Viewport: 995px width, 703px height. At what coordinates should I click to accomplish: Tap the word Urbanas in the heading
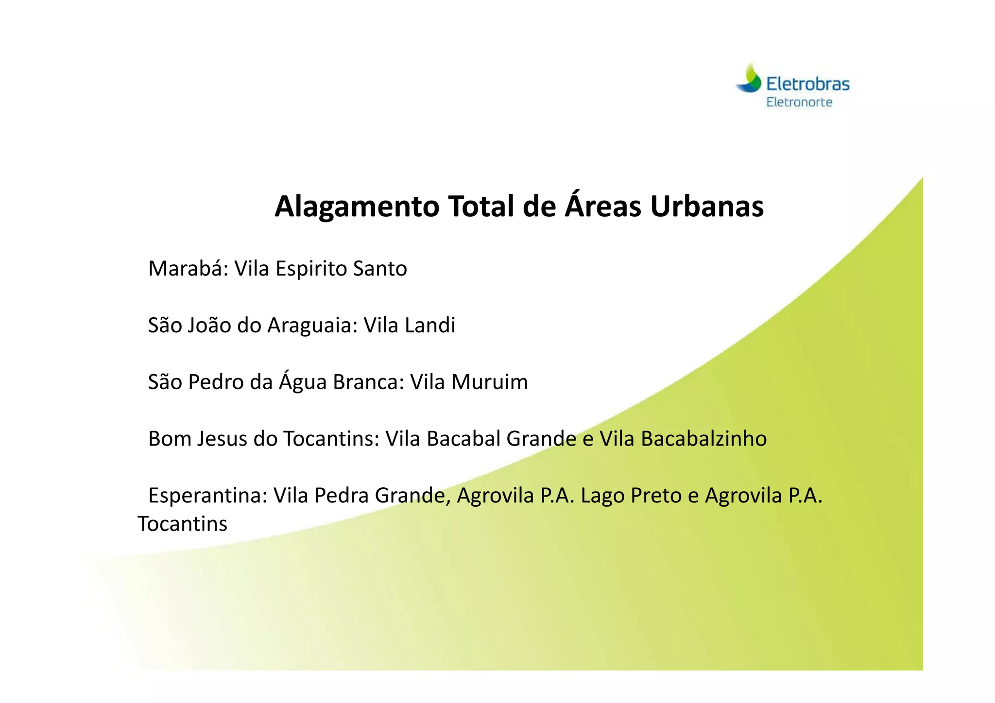pos(707,207)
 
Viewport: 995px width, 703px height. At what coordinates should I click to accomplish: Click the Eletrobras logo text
pos(808,84)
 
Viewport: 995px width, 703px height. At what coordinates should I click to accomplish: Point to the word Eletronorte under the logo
pos(799,103)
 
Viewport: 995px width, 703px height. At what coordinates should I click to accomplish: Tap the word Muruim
pos(489,382)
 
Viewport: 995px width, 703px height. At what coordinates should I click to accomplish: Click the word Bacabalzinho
pos(703,439)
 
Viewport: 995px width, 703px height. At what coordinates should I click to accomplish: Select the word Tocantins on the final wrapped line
pos(182,524)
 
